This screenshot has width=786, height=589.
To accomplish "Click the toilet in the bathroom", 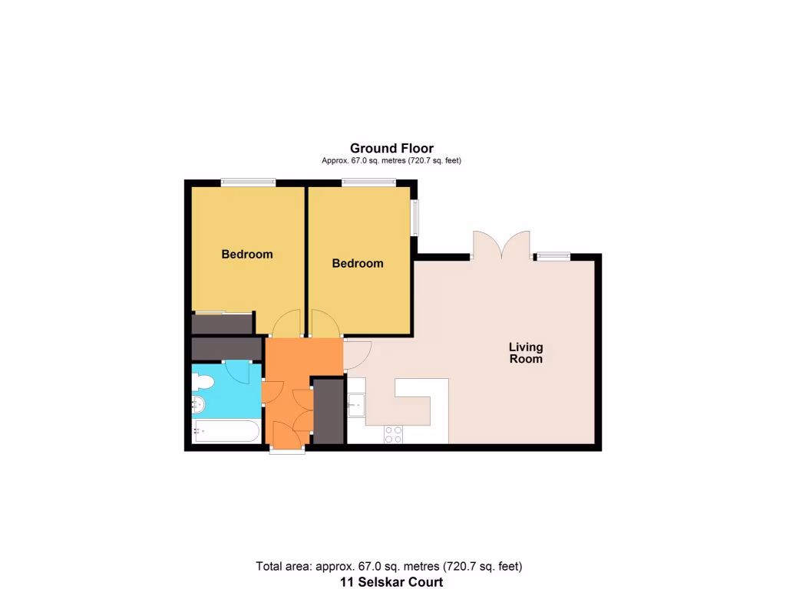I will click(x=203, y=380).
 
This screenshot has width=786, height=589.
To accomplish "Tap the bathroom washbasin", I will click(x=197, y=403).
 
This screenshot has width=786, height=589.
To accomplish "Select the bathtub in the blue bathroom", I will click(x=226, y=431).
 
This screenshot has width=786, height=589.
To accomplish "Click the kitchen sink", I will click(x=355, y=404).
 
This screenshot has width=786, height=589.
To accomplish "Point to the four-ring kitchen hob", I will click(x=393, y=434).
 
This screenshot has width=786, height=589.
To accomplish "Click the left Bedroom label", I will click(x=247, y=255).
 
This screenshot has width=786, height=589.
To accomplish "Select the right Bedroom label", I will click(x=358, y=264).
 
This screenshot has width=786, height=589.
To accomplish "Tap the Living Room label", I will click(x=526, y=354).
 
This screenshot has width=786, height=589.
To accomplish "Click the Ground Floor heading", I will click(x=391, y=149).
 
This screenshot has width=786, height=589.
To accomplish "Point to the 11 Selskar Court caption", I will click(x=391, y=582).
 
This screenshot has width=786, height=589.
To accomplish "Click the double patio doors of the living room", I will click(x=501, y=245).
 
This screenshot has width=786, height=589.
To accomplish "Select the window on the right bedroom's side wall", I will click(x=415, y=218).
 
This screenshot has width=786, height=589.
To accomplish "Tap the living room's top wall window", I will click(x=553, y=257).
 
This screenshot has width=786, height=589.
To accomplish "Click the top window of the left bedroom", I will click(x=248, y=183).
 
